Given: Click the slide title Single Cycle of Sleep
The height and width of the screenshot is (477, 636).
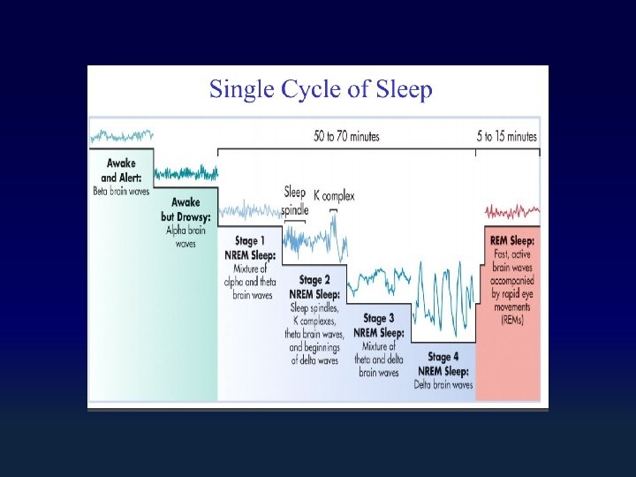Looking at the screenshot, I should [320, 89].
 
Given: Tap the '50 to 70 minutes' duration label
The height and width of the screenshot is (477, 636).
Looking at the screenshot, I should [346, 136].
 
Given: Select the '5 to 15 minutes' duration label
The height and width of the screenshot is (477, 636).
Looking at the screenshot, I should [507, 136].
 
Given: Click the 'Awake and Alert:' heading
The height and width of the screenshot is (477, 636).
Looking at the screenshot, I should [122, 169].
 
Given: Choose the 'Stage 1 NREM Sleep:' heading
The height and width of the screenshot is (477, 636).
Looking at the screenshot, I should [250, 247].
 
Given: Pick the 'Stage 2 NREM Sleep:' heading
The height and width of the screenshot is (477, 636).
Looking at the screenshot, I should [314, 287].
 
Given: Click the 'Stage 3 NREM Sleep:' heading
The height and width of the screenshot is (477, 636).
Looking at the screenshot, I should [379, 325].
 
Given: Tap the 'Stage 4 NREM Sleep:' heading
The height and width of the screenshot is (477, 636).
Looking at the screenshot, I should [443, 364].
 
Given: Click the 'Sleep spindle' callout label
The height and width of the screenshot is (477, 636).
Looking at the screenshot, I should [295, 201].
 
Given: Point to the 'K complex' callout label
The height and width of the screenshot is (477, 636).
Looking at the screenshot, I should [334, 195].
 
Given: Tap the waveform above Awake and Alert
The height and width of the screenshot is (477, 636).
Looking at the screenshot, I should [122, 136].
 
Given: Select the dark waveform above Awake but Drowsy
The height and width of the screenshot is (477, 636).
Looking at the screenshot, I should [185, 172].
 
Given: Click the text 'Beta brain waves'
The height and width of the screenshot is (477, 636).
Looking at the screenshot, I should [122, 190].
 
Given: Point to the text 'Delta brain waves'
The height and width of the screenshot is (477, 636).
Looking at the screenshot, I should [443, 384].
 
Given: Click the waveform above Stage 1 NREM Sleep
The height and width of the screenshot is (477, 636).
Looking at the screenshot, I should [250, 210].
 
